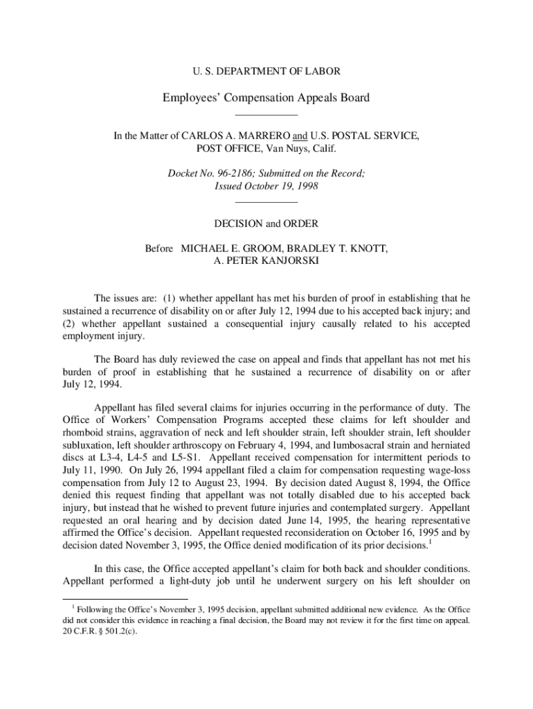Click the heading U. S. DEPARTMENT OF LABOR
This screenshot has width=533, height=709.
[266, 71]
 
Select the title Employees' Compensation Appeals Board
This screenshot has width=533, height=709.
[266, 98]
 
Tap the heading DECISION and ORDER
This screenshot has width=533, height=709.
[266, 224]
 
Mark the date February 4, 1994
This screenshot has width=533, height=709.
[276, 445]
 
